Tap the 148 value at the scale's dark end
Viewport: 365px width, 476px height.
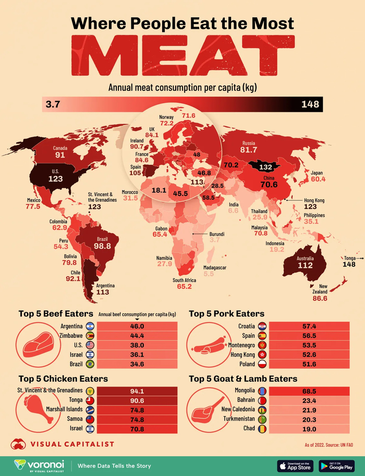(x=310, y=104)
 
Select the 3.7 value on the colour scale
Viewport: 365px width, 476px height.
(x=54, y=104)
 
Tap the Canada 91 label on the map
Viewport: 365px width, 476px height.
(x=60, y=152)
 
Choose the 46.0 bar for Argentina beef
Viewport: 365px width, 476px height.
(x=137, y=326)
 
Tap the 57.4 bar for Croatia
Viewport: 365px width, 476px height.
(x=310, y=326)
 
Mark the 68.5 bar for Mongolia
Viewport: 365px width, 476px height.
(x=310, y=390)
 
